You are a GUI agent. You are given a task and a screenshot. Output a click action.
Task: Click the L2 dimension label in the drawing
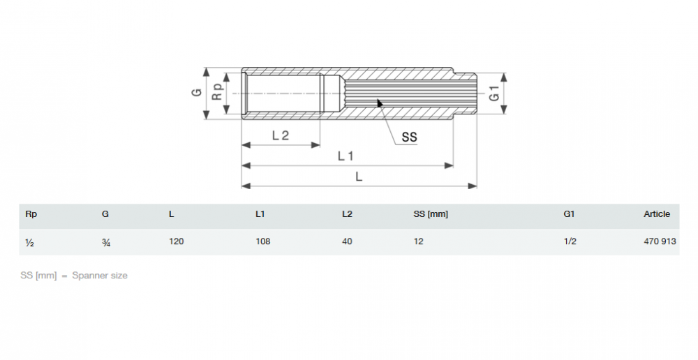pyautogui.click(x=281, y=135)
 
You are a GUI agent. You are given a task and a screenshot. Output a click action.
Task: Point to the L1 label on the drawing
pyautogui.click(x=346, y=156)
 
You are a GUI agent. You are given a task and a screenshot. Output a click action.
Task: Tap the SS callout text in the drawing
pyautogui.click(x=410, y=137)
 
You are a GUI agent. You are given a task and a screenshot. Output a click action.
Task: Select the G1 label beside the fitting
pyautogui.click(x=495, y=93)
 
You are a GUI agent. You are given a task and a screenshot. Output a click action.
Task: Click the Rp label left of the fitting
pyautogui.click(x=217, y=91)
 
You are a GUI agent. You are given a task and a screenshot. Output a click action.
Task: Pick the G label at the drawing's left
pyautogui.click(x=197, y=93)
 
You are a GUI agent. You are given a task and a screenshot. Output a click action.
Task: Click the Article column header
pyautogui.click(x=657, y=214)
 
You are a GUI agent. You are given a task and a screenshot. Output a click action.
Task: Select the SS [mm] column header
pyautogui.click(x=431, y=214)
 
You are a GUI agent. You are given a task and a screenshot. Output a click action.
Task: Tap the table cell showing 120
pyautogui.click(x=177, y=241)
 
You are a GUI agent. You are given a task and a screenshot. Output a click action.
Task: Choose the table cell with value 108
pyautogui.click(x=262, y=241)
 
